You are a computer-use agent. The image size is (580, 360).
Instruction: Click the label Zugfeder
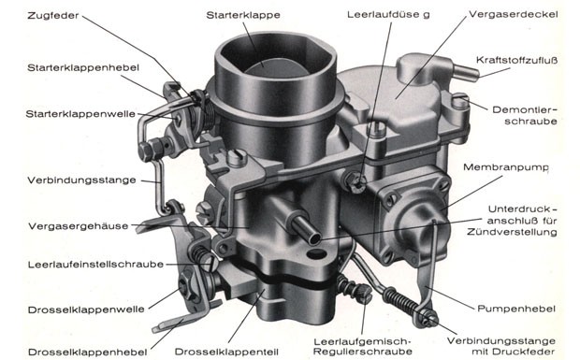click(x=53, y=16)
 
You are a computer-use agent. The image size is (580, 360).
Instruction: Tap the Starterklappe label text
click(x=243, y=15)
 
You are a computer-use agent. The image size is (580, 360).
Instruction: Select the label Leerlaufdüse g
click(x=388, y=15)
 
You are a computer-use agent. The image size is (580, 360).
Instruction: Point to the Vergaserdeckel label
click(x=513, y=14)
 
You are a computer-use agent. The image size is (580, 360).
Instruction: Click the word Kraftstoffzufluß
click(x=516, y=60)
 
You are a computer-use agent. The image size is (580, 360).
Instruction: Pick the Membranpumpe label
click(x=506, y=167)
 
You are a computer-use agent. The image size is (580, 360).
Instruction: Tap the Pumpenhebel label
click(x=516, y=309)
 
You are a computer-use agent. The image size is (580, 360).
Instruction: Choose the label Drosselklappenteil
click(x=226, y=352)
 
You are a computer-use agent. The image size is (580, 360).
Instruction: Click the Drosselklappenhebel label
click(x=87, y=353)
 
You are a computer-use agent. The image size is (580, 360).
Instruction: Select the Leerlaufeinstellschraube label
click(x=95, y=265)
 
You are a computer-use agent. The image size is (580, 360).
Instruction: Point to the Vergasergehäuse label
click(x=79, y=226)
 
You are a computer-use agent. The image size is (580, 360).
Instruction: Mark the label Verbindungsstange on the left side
click(x=81, y=180)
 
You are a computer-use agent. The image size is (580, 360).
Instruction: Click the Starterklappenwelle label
click(x=80, y=114)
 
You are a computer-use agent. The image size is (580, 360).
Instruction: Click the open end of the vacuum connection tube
click(x=314, y=238)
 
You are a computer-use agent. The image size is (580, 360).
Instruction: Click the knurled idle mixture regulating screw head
click(x=363, y=293)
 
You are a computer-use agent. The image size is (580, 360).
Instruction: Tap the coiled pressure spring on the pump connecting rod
click(x=401, y=301)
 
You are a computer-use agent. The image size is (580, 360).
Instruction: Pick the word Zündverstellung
click(x=512, y=232)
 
